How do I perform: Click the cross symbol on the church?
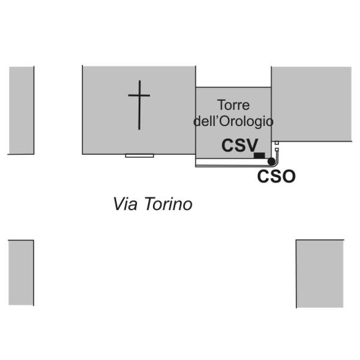click(139, 104)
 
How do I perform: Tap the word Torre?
click(233, 105)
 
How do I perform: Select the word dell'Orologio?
click(233, 121)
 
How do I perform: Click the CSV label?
click(239, 145)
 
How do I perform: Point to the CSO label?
click(277, 176)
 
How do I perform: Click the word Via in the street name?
click(125, 203)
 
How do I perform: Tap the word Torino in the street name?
click(169, 203)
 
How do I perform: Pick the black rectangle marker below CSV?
click(259, 155)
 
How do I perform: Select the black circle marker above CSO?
click(271, 161)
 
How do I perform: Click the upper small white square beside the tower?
click(277, 143)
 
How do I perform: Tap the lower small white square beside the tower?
click(277, 149)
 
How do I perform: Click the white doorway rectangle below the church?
click(140, 156)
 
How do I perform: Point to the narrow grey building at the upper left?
click(22, 110)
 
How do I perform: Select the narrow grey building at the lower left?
click(21, 272)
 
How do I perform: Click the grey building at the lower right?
click(320, 274)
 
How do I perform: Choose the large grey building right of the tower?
click(311, 104)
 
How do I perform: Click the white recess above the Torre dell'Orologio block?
click(233, 77)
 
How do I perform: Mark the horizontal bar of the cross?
click(139, 95)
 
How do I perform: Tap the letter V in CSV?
click(251, 145)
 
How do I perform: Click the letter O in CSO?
click(289, 176)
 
